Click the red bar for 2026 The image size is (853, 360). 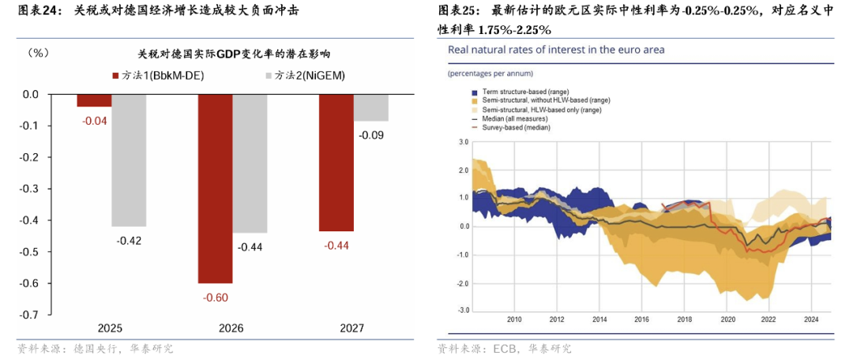point(215,188)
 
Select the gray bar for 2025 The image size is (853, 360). point(129,159)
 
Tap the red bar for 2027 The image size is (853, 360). point(336,163)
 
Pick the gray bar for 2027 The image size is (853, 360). point(370,107)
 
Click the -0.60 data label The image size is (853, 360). point(215,297)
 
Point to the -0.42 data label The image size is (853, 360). point(129,240)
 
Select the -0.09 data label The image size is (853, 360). point(370,135)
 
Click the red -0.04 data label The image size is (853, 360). point(94,121)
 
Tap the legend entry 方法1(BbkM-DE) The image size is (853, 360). point(159,75)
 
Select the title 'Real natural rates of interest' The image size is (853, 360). point(556,50)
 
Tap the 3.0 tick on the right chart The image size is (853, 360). point(464,142)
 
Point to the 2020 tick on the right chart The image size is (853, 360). point(727,320)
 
